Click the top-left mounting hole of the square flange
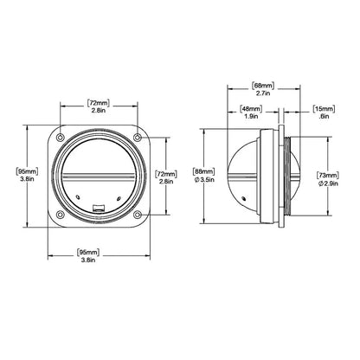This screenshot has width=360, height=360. click(60, 138)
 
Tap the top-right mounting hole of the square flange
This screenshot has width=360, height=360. click(138, 138)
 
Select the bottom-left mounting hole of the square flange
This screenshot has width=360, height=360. click(60, 215)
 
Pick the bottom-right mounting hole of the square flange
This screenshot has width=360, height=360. click(138, 215)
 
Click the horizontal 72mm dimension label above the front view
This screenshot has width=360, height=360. click(99, 103)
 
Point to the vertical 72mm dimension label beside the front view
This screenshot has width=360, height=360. click(166, 175)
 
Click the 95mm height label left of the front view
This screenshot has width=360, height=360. click(27, 171)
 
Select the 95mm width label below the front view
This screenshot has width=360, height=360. click(88, 253)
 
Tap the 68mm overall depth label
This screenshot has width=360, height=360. click(263, 86)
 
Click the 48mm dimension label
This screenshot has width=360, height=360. click(251, 109)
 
